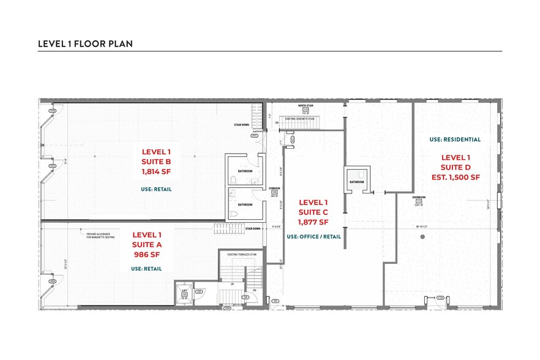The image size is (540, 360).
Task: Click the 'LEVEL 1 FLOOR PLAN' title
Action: point(85,43)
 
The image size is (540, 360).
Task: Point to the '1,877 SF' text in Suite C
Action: point(313,222)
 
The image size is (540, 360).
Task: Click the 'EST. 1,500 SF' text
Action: point(456,177)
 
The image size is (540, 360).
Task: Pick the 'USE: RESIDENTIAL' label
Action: point(455,140)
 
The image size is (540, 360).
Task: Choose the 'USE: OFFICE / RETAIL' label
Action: point(313,236)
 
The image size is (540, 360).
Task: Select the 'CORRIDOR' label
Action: point(274,188)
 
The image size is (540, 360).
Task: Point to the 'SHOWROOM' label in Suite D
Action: point(419,197)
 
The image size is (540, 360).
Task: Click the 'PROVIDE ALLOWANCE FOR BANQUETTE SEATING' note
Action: point(98,234)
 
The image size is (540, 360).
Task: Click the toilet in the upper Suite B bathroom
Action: point(234,179)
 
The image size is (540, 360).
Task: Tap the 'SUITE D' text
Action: point(456,167)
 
